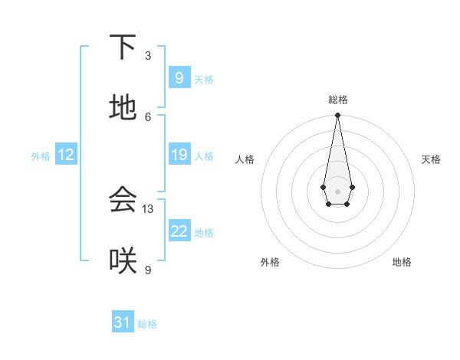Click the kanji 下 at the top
(123, 47)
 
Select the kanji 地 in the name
(123, 108)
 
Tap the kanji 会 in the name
(123, 200)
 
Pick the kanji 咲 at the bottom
(123, 261)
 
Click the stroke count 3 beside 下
(148, 56)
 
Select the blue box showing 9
(179, 78)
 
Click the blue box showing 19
(179, 155)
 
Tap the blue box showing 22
(179, 231)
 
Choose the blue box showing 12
(66, 155)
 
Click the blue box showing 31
(123, 322)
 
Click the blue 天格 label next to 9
(203, 80)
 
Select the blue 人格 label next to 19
(203, 156)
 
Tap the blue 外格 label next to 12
(41, 156)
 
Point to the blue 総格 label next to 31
(147, 324)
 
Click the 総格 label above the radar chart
(337, 100)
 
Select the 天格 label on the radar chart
(431, 159)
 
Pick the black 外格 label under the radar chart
(270, 262)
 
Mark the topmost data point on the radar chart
(337, 116)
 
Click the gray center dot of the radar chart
(337, 191)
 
